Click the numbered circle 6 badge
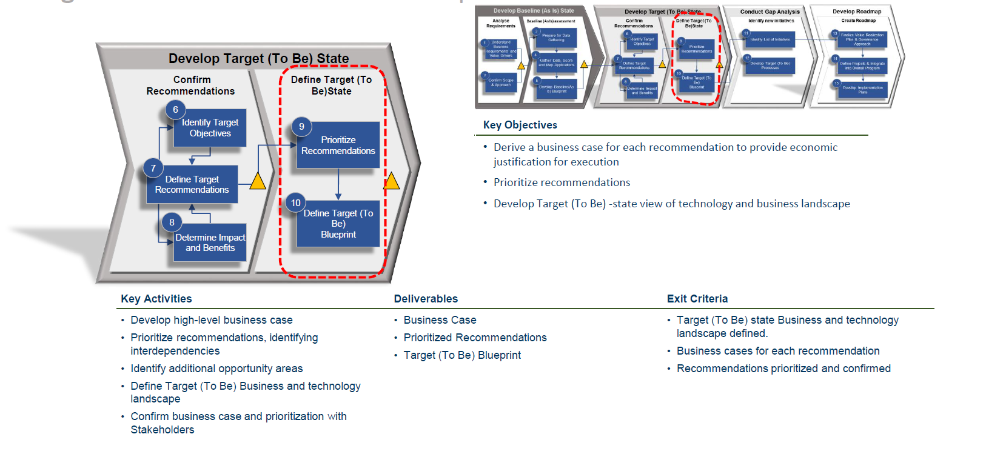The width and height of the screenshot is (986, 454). coord(175,110)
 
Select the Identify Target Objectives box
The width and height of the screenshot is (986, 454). coord(210,129)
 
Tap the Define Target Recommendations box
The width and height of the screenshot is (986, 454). coord(192,185)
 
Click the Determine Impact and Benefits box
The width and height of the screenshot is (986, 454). coord(210,243)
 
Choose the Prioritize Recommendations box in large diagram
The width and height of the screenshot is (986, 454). coord(338,145)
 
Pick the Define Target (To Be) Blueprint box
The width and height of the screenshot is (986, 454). coord(338,224)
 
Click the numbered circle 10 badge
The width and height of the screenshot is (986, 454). coord(295,203)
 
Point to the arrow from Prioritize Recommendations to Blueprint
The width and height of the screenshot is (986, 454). coord(338,184)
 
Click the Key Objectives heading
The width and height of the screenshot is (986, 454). coord(520,125)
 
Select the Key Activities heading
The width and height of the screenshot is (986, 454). coord(156,299)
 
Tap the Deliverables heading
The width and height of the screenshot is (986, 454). coord(426,299)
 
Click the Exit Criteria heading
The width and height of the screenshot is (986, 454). coord(697,299)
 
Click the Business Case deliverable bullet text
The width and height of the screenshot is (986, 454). coord(440,320)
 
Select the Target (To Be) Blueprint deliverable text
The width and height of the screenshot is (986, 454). coord(462,355)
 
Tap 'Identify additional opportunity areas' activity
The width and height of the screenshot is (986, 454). coord(216,369)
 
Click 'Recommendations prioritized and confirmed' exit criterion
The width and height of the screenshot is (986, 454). coord(783,369)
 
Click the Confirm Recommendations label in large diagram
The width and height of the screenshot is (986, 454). coord(191,85)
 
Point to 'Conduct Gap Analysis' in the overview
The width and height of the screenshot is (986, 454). coord(770,12)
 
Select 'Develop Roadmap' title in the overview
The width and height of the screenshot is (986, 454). coord(857,12)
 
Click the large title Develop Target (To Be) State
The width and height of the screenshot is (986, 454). coord(259,59)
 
